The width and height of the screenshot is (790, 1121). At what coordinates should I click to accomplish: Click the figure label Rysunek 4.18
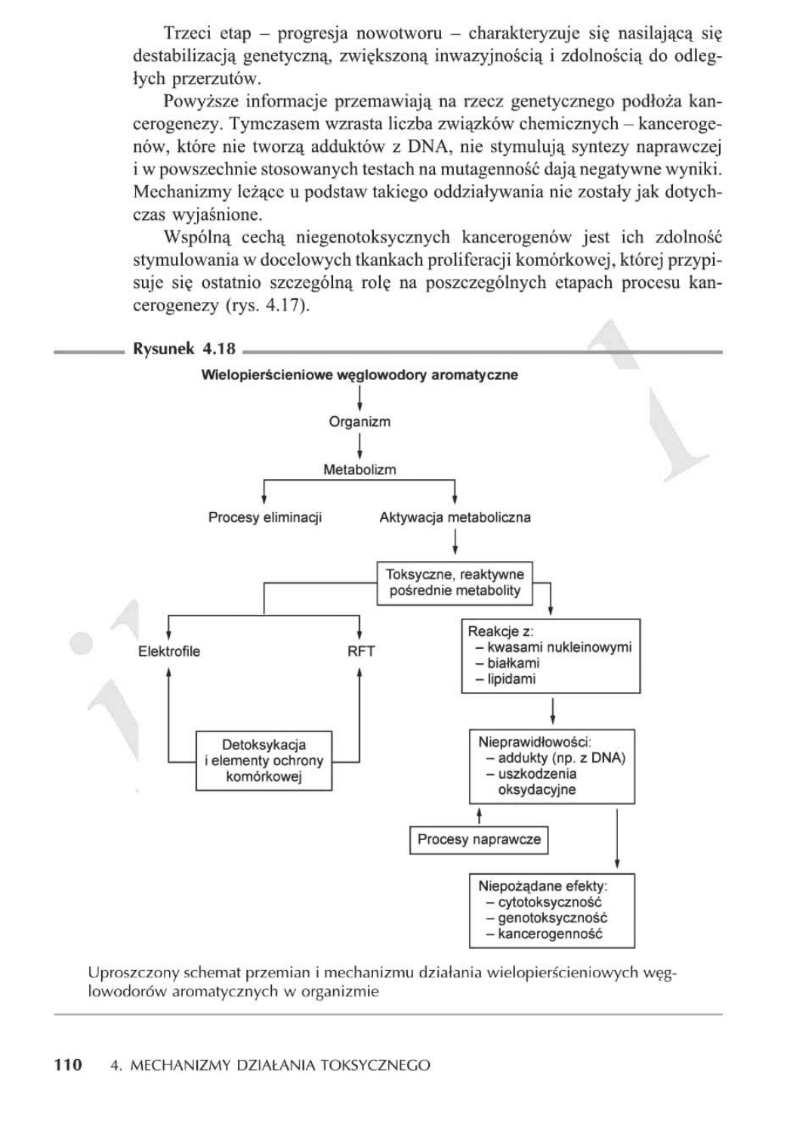[x=184, y=349]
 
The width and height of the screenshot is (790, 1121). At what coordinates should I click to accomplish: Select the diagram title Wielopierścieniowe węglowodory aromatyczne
[x=360, y=375]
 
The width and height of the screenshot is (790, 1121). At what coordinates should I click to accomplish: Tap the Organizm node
[x=360, y=422]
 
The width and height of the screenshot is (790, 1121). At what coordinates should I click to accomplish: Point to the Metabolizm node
[x=360, y=469]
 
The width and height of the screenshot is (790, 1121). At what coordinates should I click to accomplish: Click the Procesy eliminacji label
[x=265, y=517]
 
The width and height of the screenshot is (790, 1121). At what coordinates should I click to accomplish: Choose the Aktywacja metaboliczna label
[x=455, y=517]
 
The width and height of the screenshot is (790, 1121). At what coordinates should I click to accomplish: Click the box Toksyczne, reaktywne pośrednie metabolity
[x=455, y=582]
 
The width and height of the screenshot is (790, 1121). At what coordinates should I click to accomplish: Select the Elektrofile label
[x=169, y=651]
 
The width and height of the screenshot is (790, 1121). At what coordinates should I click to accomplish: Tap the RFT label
[x=361, y=651]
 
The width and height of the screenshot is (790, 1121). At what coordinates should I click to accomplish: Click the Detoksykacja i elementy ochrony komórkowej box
[x=264, y=761]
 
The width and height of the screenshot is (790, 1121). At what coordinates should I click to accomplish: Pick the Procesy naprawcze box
[x=479, y=839]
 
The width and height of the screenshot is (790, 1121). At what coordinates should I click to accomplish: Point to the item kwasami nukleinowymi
[x=559, y=647]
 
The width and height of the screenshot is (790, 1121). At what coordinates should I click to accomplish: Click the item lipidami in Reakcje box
[x=511, y=679]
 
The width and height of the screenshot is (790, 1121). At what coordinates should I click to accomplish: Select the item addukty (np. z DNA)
[x=561, y=758]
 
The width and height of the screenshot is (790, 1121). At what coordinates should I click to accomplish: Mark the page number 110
[x=67, y=1065]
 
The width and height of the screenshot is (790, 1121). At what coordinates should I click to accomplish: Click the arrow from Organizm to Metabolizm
[x=360, y=445]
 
